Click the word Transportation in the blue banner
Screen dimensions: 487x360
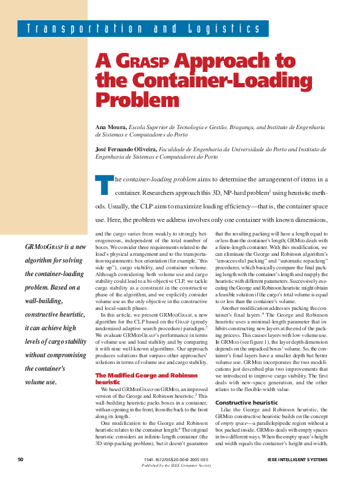[x=79, y=29]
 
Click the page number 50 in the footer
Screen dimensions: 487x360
[x=20, y=460]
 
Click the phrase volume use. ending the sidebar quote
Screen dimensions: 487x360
[x=41, y=382]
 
